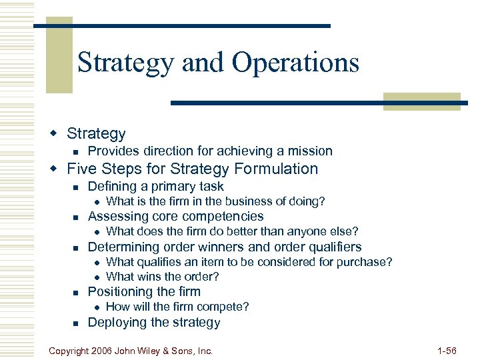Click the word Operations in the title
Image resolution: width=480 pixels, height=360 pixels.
pyautogui.click(x=295, y=63)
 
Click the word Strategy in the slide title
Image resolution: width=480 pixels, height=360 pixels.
pyautogui.click(x=126, y=63)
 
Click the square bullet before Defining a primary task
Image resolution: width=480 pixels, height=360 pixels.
pyautogui.click(x=75, y=187)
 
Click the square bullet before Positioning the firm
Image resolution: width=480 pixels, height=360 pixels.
pyautogui.click(x=75, y=293)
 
